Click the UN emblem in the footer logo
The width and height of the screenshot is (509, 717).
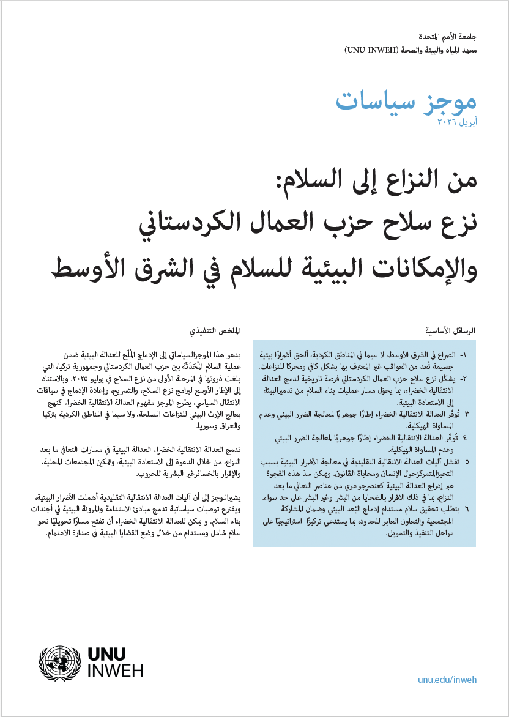coord(59,662)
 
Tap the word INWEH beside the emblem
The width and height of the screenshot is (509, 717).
coord(116,671)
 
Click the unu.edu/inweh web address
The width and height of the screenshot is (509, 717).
coord(447,680)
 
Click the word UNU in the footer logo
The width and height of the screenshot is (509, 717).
coord(108,653)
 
